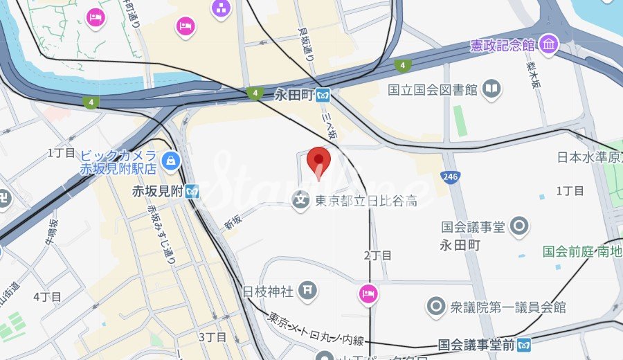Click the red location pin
[318, 161]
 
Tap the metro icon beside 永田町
[322, 96]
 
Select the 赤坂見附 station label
[158, 192]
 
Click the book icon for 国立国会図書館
[491, 89]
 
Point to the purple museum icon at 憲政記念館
[550, 45]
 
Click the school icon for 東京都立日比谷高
[301, 201]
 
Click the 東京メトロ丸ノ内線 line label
[315, 330]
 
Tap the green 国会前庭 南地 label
[581, 252]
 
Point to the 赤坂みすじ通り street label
[161, 232]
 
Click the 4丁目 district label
[47, 297]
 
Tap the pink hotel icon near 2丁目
[368, 294]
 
